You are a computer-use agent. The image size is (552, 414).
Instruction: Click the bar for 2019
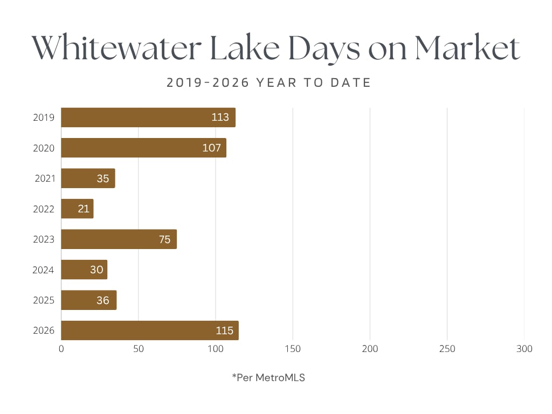click(148, 118)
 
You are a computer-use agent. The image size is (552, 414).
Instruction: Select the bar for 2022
click(77, 209)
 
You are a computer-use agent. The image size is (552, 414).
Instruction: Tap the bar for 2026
click(149, 330)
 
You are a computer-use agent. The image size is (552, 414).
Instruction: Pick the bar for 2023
click(119, 239)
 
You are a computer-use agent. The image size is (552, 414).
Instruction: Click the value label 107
click(211, 148)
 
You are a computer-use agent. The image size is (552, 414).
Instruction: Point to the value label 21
click(84, 209)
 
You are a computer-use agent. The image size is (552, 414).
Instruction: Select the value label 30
click(96, 270)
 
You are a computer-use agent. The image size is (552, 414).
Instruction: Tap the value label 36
click(102, 300)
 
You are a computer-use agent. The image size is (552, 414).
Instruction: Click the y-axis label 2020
click(44, 148)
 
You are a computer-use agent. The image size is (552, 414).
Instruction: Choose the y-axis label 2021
click(45, 178)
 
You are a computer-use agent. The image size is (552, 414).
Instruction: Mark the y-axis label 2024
click(43, 270)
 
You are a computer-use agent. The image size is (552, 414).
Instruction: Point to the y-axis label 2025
click(44, 300)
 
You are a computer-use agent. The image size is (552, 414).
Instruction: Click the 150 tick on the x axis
click(293, 349)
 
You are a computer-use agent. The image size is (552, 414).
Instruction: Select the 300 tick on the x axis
click(524, 349)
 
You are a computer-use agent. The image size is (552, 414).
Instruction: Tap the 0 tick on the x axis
click(61, 349)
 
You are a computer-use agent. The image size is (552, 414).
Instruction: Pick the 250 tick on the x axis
click(447, 349)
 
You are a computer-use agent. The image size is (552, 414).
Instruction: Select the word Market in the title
click(467, 49)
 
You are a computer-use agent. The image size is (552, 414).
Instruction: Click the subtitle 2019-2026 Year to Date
click(268, 83)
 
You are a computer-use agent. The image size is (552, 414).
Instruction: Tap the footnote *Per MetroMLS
click(268, 378)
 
